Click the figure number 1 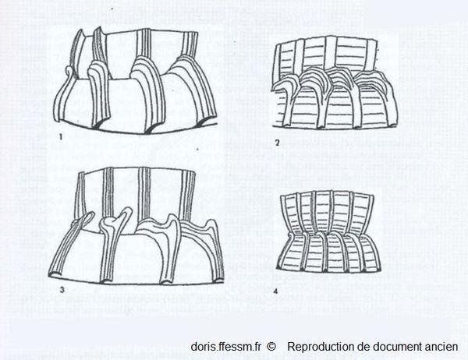(61, 137)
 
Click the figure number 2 (277, 143)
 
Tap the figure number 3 (62, 290)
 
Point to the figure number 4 (275, 291)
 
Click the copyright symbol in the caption (271, 347)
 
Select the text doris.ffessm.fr (226, 347)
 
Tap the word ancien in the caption (441, 347)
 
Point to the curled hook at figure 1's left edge (69, 72)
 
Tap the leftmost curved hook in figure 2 (285, 84)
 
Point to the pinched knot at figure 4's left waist (289, 238)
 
